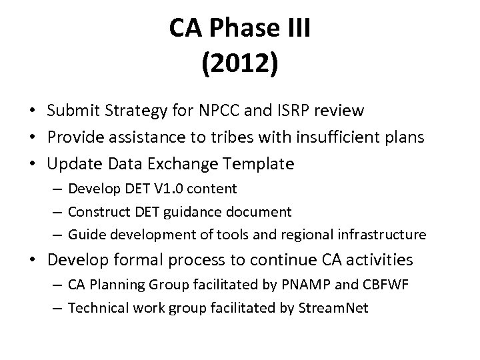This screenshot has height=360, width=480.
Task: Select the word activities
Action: click(x=381, y=259)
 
